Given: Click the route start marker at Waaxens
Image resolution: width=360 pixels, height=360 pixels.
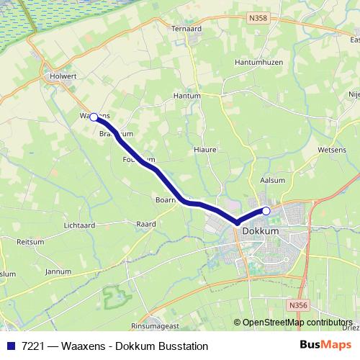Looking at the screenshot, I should pyautogui.click(x=94, y=116).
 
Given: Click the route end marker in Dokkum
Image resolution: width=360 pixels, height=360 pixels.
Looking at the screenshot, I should pyautogui.click(x=266, y=211).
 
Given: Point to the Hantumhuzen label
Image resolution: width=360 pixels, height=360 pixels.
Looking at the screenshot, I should pyautogui.click(x=257, y=63).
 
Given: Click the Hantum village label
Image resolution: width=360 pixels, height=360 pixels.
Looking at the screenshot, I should pyautogui.click(x=187, y=95).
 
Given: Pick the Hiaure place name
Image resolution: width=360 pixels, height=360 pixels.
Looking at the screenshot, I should pyautogui.click(x=205, y=150).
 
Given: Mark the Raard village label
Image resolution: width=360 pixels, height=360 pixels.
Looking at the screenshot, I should pyautogui.click(x=146, y=225).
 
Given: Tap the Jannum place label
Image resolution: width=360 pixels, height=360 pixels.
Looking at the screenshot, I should pyautogui.click(x=58, y=271).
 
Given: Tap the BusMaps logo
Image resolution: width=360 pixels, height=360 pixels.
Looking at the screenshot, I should pyautogui.click(x=325, y=346).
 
